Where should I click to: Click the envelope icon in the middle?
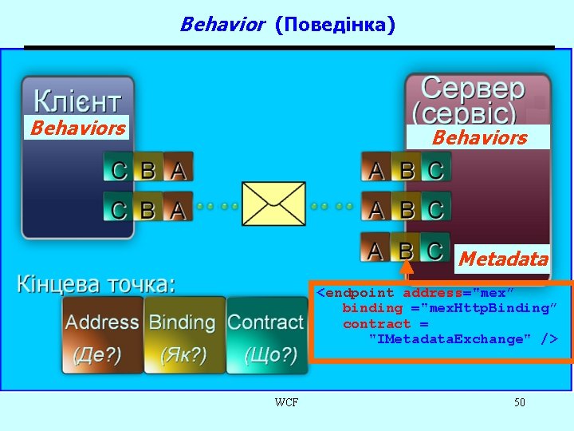point(273,204)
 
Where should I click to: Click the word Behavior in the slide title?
point(222,25)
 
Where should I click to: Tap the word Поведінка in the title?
point(335,25)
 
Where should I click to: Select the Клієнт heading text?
point(77,101)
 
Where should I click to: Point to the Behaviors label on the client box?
point(77,128)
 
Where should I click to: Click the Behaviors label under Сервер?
point(479,137)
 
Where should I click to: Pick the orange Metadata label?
point(503,259)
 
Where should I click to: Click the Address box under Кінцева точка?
point(102,335)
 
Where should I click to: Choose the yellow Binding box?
point(182,335)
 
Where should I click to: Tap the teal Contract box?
point(265,335)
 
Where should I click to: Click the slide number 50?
point(519,402)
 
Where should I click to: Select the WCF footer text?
point(286,402)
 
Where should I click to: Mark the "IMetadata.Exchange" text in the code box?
point(449,339)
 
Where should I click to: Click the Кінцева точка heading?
point(96,283)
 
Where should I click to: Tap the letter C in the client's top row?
point(118,169)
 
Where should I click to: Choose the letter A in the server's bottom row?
point(375,250)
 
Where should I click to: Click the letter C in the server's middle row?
point(434,209)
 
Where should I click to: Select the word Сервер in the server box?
point(473,89)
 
